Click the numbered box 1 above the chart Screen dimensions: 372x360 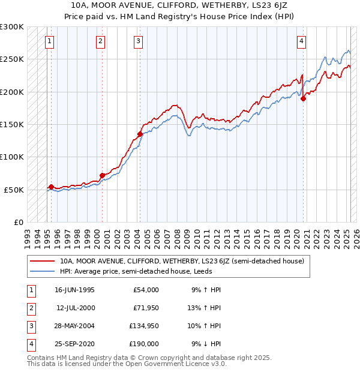(x=49, y=41)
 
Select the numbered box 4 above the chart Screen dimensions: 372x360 (x=301, y=41)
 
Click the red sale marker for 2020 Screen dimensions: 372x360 (x=304, y=99)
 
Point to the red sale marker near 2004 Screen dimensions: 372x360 (x=140, y=134)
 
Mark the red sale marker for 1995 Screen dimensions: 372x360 (x=51, y=187)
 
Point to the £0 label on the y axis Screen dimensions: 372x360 (x=17, y=222)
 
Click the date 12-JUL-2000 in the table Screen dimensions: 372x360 (x=75, y=308)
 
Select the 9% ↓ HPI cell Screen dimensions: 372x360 (x=206, y=344)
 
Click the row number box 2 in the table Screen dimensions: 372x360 (x=30, y=308)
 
